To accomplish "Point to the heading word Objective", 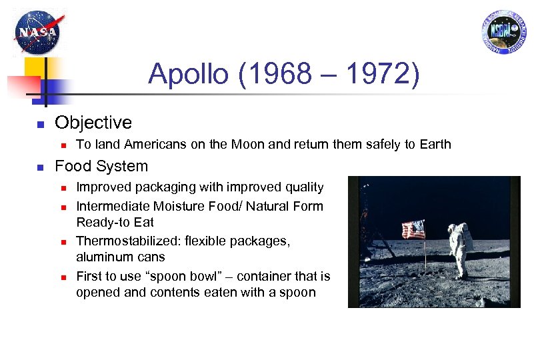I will pyautogui.click(x=93, y=123).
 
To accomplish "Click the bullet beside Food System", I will pyautogui.click(x=40, y=167).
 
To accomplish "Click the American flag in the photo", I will pyautogui.click(x=413, y=231).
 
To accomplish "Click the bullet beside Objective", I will pyautogui.click(x=40, y=124).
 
